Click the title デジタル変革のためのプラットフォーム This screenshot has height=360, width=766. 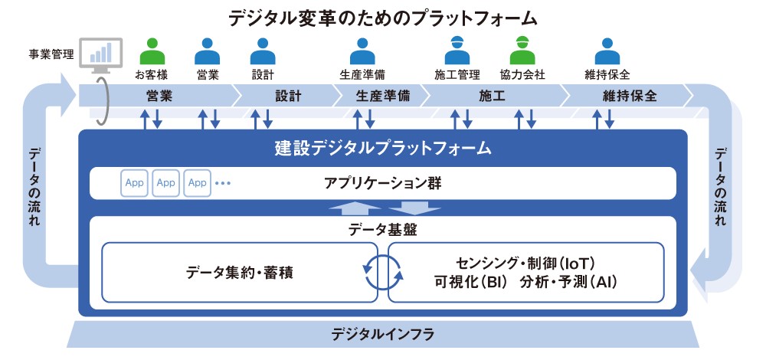click(x=382, y=17)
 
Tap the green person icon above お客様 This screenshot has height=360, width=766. click(x=152, y=51)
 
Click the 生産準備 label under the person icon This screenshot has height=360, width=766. click(x=362, y=75)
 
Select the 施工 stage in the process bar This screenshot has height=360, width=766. click(x=491, y=97)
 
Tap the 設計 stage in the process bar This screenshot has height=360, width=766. click(x=287, y=97)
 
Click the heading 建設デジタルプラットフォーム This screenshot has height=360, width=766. click(x=382, y=147)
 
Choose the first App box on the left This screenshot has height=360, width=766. click(x=135, y=183)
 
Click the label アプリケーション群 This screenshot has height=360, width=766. click(x=382, y=183)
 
